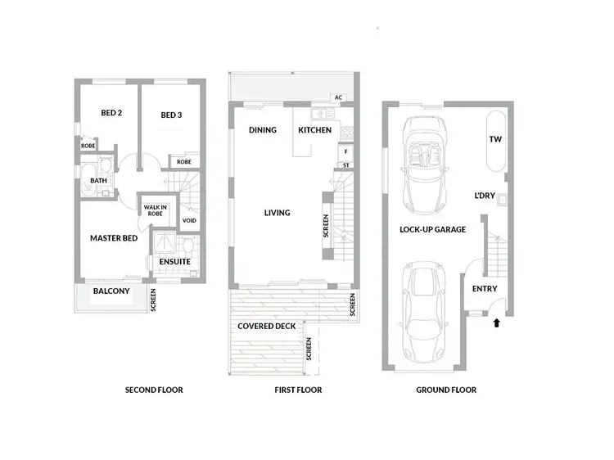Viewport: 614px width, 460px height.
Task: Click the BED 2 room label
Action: (111, 113)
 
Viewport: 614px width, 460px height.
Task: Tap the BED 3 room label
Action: (170, 115)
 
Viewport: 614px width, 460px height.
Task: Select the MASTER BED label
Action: (113, 238)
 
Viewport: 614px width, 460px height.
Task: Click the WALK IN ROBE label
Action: (156, 210)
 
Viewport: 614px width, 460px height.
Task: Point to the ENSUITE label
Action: (174, 262)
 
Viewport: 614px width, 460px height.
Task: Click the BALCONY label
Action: (111, 291)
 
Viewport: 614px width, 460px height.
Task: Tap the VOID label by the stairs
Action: (189, 220)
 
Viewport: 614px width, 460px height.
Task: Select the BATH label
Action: (98, 181)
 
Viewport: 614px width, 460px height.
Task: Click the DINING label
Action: (263, 130)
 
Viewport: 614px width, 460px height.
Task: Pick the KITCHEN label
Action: (314, 130)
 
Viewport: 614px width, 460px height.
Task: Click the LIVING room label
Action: (277, 213)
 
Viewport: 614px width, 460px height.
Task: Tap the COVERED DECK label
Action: (267, 326)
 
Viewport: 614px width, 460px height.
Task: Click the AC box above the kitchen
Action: (338, 97)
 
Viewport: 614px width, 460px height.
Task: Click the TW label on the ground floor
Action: (494, 140)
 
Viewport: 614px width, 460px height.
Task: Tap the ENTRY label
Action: (485, 288)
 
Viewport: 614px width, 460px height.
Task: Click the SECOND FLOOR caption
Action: (154, 390)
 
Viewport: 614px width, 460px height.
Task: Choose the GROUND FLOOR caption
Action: (446, 390)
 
